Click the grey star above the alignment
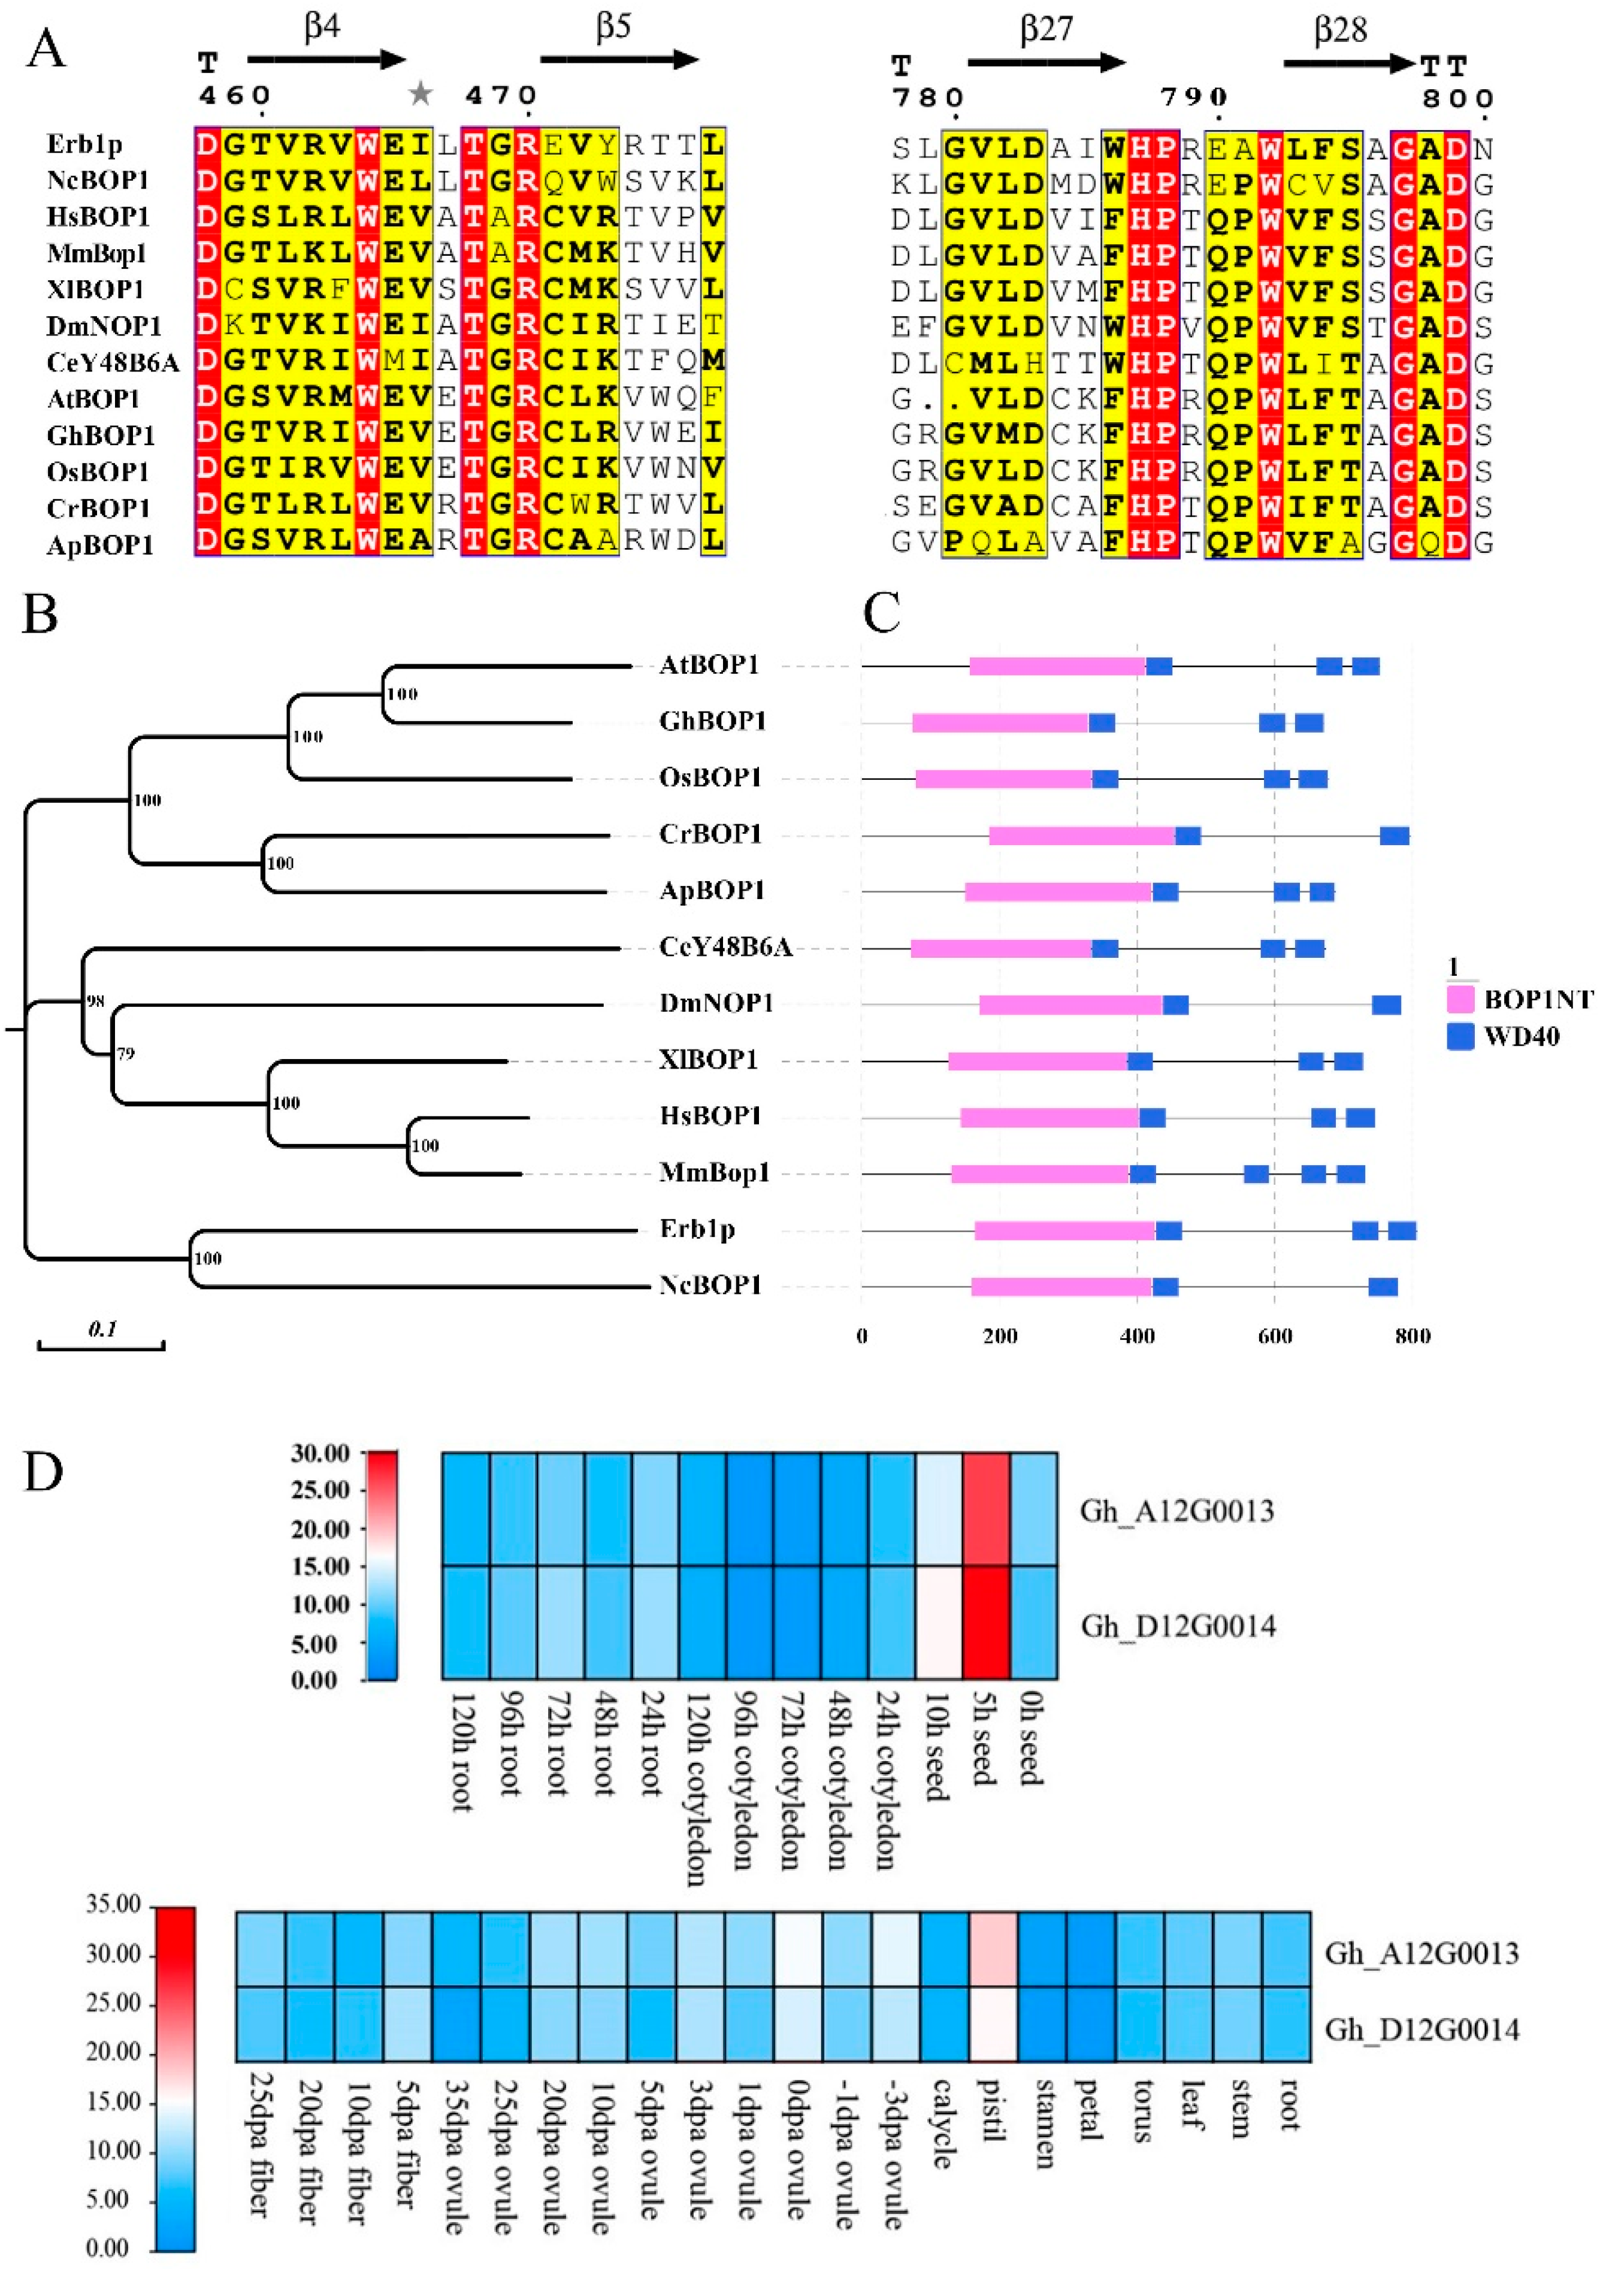coord(421,94)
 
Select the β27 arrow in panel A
coord(1045,63)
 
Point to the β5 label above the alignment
coord(613,28)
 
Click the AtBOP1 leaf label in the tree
coord(709,664)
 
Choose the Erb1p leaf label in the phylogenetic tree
coord(698,1229)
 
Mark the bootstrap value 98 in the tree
coord(95,1000)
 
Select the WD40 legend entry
coord(1522,1037)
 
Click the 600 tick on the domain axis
coord(1275,1337)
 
